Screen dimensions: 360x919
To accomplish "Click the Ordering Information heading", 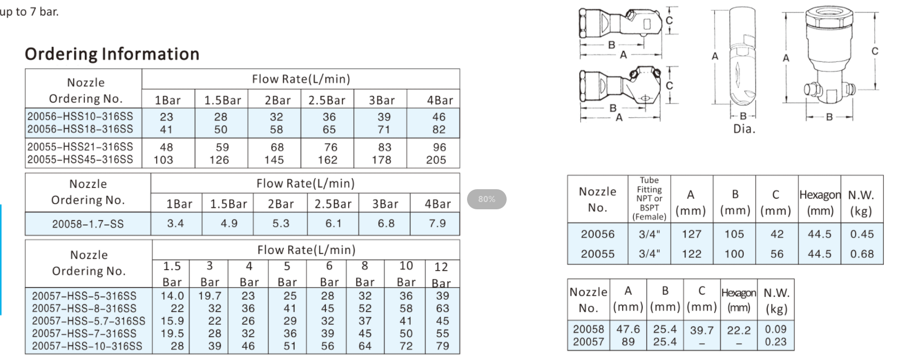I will [x=112, y=54].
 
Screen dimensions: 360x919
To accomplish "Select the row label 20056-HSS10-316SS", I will [x=80, y=117].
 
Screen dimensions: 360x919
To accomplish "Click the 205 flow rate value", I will [x=436, y=160].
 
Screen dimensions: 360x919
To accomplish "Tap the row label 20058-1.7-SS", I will [x=88, y=224].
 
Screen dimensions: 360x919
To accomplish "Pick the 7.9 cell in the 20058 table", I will [x=437, y=223].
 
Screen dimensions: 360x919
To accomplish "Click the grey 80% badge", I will [x=487, y=199].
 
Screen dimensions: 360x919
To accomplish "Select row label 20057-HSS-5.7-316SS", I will [x=88, y=321].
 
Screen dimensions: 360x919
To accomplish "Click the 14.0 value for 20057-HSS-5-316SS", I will [x=172, y=296].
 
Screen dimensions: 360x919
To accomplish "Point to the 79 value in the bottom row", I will [x=442, y=346].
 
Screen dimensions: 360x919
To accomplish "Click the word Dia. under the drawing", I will [x=744, y=129].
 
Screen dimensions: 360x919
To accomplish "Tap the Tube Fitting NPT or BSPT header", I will [x=649, y=198].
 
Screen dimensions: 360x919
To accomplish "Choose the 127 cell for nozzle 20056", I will [x=691, y=234].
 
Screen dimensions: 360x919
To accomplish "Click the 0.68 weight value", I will [x=862, y=254].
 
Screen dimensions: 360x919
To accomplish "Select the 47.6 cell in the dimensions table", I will [x=628, y=329].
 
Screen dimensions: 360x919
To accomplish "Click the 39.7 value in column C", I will [x=701, y=330].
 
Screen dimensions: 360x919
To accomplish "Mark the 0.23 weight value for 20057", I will [x=776, y=342].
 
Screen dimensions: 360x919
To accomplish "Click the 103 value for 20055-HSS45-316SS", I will [x=163, y=160].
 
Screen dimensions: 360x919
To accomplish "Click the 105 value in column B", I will [x=734, y=234].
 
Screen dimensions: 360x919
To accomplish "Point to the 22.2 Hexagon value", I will [x=738, y=330].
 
